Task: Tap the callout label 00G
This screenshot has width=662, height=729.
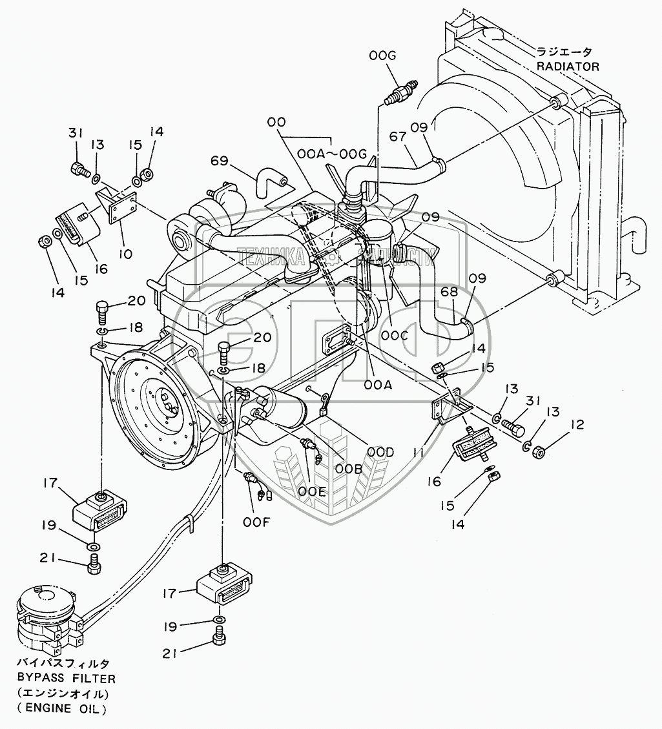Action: [383, 58]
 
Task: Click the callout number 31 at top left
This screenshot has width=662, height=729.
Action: [77, 133]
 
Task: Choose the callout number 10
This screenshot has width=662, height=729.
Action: [125, 254]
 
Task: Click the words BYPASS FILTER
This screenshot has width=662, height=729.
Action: [67, 679]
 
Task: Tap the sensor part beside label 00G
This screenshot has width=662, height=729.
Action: [400, 90]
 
